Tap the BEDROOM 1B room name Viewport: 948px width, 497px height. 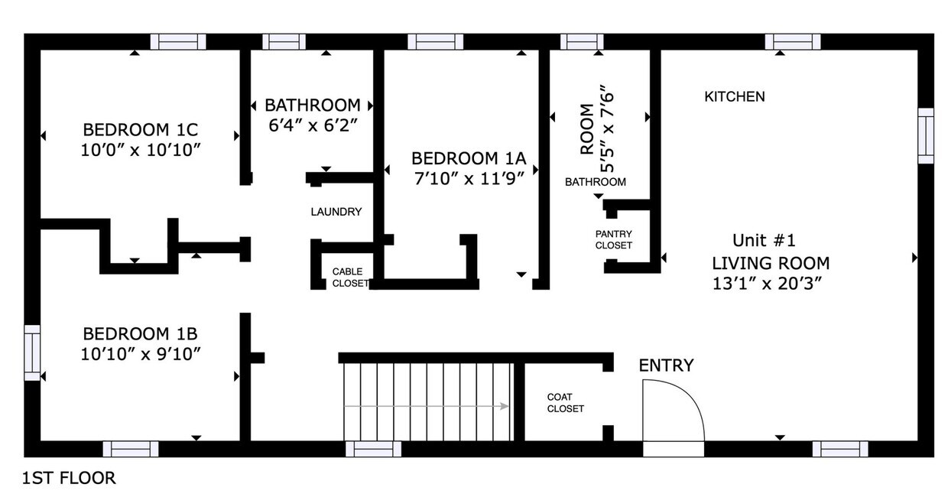140,333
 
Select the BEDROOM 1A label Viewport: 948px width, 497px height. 469,158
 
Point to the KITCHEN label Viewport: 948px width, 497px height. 734,97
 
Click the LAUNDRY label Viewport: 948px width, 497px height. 336,212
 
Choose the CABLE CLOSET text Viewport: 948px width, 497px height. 347,278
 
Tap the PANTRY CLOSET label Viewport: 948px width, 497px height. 614,239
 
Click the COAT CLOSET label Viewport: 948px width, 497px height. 565,403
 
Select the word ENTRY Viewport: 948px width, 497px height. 666,365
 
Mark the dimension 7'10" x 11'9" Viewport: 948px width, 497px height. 469,179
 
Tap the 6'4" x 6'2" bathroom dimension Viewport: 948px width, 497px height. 313,125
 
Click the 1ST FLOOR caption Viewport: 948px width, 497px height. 69,479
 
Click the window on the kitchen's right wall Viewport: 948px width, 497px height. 926,135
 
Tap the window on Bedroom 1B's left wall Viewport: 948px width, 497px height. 31,352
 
